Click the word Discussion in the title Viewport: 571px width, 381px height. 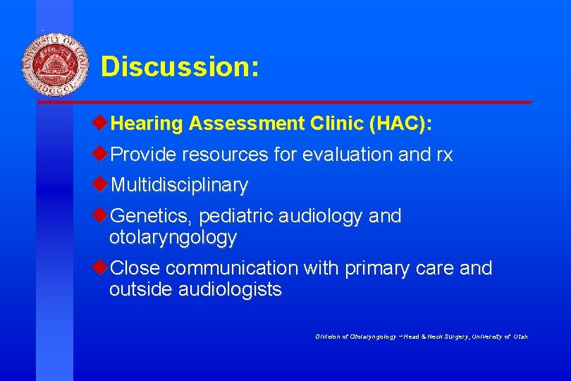[x=180, y=67]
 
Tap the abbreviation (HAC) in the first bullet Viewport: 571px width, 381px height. [x=400, y=124]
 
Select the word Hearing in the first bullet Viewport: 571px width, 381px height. [x=147, y=124]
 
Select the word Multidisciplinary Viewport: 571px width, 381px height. [x=180, y=186]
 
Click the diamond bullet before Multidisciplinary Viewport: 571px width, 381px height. [x=101, y=184]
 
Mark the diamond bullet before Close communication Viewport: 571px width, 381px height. [x=101, y=267]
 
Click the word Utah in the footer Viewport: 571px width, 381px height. [x=520, y=337]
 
